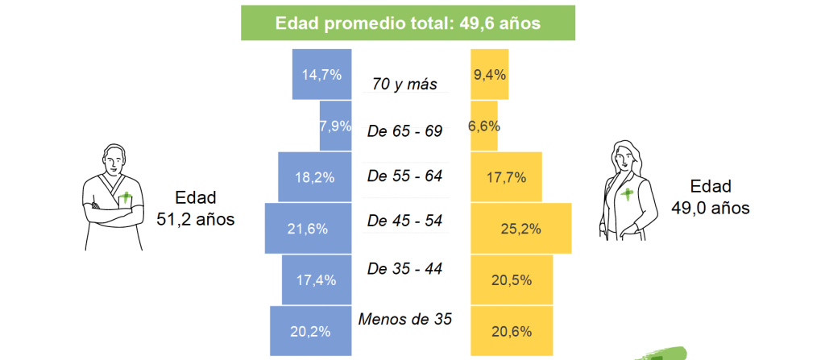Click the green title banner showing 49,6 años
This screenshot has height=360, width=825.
pyautogui.click(x=408, y=23)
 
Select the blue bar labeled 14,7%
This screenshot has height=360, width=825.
pyautogui.click(x=322, y=74)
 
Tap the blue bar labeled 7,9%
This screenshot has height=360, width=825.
pyautogui.click(x=336, y=126)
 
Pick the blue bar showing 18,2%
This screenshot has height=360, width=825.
pyautogui.click(x=315, y=177)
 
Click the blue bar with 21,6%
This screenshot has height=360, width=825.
pyautogui.click(x=308, y=228)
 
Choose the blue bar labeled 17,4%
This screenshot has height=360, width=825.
pyautogui.click(x=317, y=279)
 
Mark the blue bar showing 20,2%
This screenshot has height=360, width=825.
pyautogui.click(x=310, y=330)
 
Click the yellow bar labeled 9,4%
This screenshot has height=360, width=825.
pyautogui.click(x=489, y=74)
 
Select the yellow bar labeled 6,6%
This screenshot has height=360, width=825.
pyautogui.click(x=484, y=126)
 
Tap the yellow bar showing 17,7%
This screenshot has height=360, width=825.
pyautogui.click(x=506, y=177)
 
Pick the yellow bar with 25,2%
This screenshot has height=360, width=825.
pyautogui.click(x=520, y=228)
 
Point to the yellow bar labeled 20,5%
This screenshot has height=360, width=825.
pyautogui.click(x=511, y=279)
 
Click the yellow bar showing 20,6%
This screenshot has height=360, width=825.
pyautogui.click(x=512, y=330)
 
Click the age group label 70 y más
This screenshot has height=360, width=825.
pyautogui.click(x=404, y=83)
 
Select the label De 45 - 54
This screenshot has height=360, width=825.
pyautogui.click(x=404, y=221)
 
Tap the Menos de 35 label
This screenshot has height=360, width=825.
pyautogui.click(x=404, y=319)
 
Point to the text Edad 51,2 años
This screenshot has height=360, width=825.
pyautogui.click(x=195, y=207)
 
